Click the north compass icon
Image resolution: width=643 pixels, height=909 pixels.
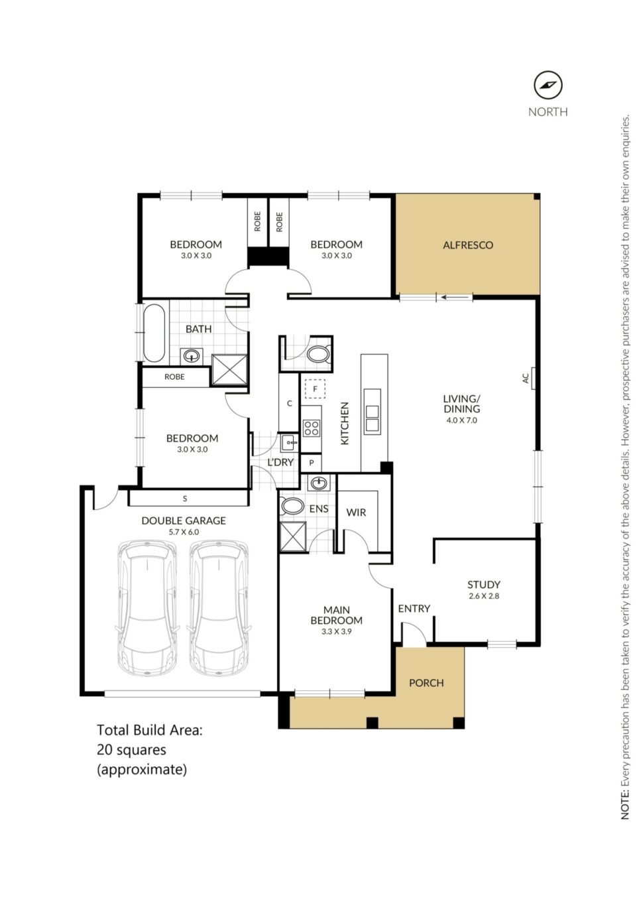click(548, 86)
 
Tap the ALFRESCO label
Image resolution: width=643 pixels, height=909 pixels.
click(468, 245)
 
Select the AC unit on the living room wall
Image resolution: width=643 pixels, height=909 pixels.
click(533, 378)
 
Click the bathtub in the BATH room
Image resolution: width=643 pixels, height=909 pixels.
click(154, 333)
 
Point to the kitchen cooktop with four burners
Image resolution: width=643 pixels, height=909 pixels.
click(312, 428)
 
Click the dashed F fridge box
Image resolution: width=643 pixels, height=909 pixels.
click(315, 389)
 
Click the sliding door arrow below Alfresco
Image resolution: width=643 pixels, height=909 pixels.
click(450, 298)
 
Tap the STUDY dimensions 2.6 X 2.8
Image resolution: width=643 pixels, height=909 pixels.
click(483, 596)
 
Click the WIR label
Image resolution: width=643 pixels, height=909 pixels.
click(356, 513)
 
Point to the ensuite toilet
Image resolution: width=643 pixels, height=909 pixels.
click(292, 507)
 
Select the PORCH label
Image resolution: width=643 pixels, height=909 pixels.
click(426, 683)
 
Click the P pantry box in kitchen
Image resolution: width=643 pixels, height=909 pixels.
click(311, 463)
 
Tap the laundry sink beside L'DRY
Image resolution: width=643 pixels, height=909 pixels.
click(289, 443)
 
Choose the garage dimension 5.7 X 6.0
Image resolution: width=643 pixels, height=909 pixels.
click(184, 532)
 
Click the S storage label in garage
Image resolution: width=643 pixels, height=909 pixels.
click(185, 499)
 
